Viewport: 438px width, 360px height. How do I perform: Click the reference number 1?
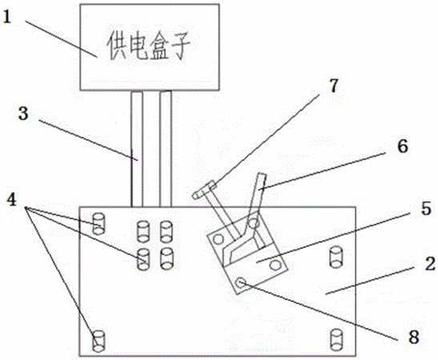6,18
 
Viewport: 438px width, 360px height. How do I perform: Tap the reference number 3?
23,114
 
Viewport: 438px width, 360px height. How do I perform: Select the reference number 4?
12,200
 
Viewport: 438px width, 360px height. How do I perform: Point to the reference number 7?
334,86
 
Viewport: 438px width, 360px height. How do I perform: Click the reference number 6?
403,146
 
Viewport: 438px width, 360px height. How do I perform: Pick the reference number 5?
426,209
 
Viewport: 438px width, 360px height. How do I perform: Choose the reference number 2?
430,264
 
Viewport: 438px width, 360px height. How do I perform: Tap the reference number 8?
414,337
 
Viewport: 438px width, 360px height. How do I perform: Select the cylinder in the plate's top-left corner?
98,223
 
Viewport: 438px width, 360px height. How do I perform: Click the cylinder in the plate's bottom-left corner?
98,341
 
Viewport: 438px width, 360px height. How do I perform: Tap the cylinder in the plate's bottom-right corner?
336,340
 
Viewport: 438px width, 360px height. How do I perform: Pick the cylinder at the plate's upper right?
336,257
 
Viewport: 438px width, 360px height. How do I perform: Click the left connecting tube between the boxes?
137,149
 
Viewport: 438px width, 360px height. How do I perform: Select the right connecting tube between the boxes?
166,149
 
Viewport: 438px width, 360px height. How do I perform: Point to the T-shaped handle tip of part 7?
204,190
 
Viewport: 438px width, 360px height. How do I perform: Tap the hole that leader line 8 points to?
240,283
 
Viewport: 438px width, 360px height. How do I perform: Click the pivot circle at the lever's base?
253,223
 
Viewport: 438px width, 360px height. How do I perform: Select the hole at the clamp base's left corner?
218,239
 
